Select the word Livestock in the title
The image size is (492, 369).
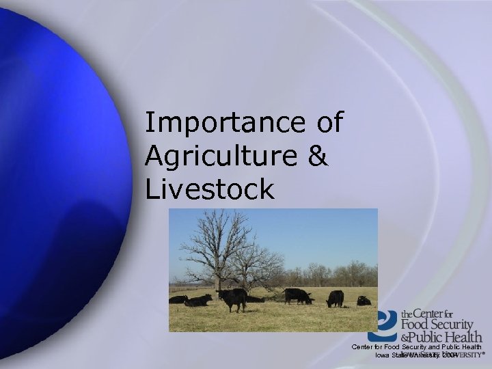coord(209,189)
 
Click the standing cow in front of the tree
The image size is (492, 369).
coord(232,299)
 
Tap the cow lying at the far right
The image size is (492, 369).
coord(364,301)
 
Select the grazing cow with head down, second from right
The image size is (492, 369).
coord(335,299)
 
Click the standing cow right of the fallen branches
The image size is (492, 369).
coord(297,295)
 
